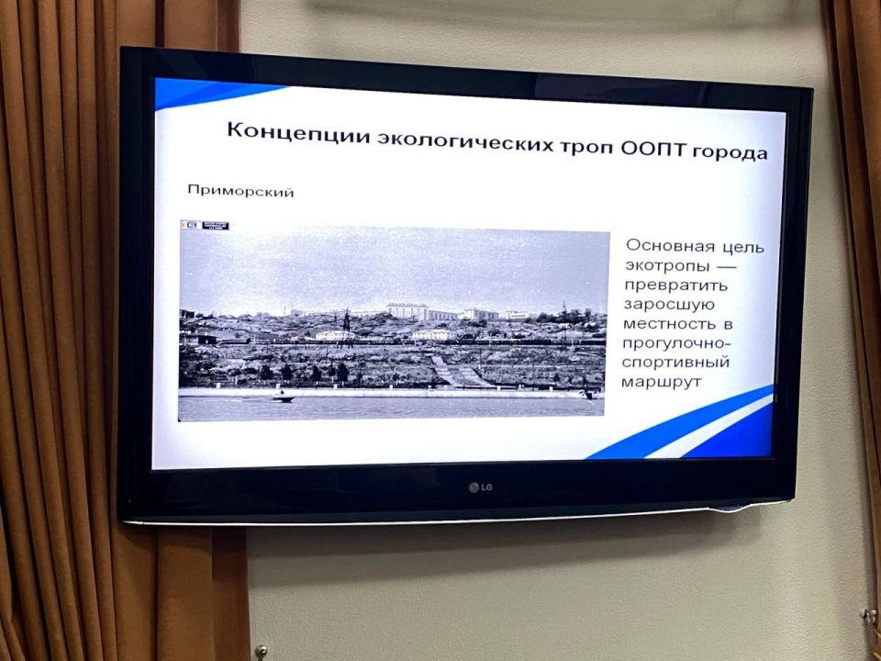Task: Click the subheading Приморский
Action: pyautogui.click(x=240, y=192)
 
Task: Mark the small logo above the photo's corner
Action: pyautogui.click(x=204, y=225)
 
